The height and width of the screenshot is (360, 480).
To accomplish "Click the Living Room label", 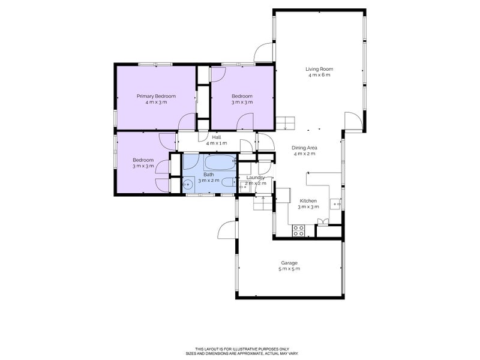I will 319,69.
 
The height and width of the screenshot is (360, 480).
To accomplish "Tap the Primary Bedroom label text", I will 156,96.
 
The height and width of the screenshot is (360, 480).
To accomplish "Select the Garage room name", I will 289,263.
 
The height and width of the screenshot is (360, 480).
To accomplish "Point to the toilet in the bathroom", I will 229,182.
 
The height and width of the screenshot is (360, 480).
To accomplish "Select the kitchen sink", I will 340,204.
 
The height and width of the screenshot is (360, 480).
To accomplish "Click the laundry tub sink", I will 245,187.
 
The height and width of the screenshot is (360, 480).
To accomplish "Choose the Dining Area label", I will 304,148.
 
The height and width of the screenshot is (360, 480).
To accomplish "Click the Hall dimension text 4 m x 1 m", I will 216,143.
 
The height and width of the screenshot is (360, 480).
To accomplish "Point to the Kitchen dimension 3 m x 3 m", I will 308,206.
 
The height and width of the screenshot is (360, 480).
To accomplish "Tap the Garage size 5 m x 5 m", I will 289,269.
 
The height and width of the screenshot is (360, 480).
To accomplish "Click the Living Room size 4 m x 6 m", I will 319,75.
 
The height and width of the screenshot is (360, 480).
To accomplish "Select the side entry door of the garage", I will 227,231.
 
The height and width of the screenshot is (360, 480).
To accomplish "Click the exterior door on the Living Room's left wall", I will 264,54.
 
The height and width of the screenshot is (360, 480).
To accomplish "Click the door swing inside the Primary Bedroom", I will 188,121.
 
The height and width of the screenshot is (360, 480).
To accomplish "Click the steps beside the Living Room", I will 286,123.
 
